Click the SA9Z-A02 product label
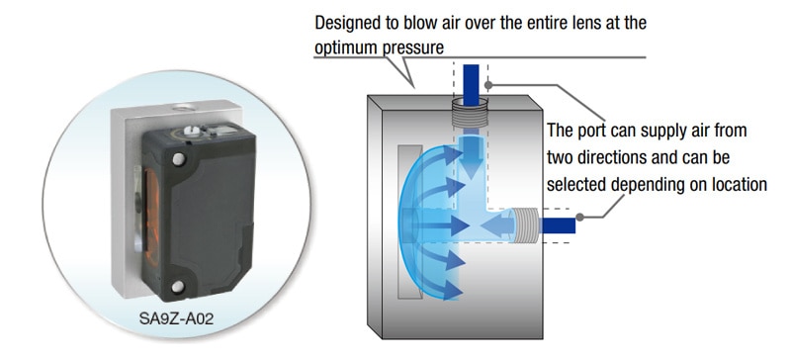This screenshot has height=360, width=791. point(176,319)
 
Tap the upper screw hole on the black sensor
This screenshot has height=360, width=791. point(178,159)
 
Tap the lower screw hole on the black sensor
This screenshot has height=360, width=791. point(178,287)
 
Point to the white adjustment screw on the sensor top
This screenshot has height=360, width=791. point(190,131)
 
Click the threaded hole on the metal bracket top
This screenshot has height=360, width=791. point(179,108)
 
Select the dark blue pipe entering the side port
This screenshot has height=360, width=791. point(558,225)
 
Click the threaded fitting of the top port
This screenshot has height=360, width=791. point(471,114)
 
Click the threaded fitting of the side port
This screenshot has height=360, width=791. point(525,225)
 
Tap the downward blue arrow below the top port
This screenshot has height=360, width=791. point(471,154)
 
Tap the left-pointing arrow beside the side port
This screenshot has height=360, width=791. point(497,225)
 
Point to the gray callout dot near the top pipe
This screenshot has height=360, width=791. point(488,86)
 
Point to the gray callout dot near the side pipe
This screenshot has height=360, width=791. point(580,218)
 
